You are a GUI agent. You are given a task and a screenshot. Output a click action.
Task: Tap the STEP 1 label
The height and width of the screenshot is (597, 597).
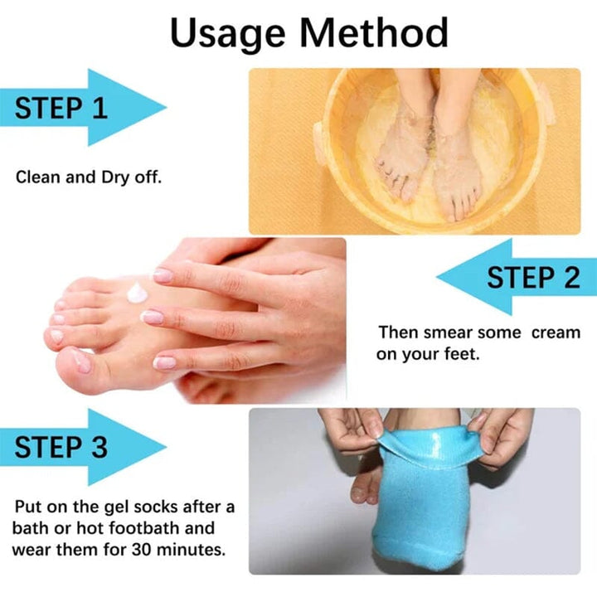click(x=61, y=107)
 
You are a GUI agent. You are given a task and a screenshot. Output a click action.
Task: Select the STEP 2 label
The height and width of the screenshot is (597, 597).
click(x=533, y=277)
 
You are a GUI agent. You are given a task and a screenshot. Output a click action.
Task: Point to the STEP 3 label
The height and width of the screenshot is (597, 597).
click(x=61, y=447)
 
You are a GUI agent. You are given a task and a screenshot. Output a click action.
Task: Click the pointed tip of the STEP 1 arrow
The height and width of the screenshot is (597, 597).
click(x=165, y=106)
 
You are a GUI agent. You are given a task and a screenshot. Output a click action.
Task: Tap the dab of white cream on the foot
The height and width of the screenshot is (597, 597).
click(x=137, y=291)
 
